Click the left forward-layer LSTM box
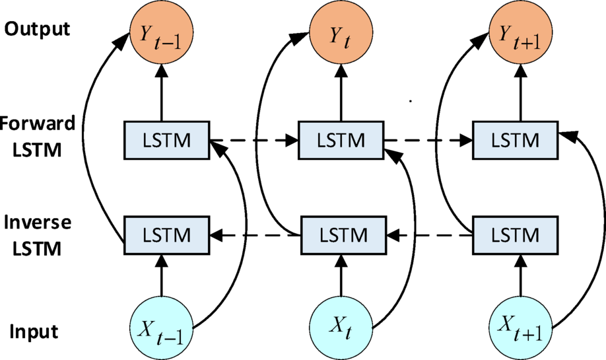tap(165, 141)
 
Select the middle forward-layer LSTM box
tap(341, 141)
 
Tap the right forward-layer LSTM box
tap(515, 141)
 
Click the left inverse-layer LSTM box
tap(165, 234)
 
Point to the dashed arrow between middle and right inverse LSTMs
tap(429, 234)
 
